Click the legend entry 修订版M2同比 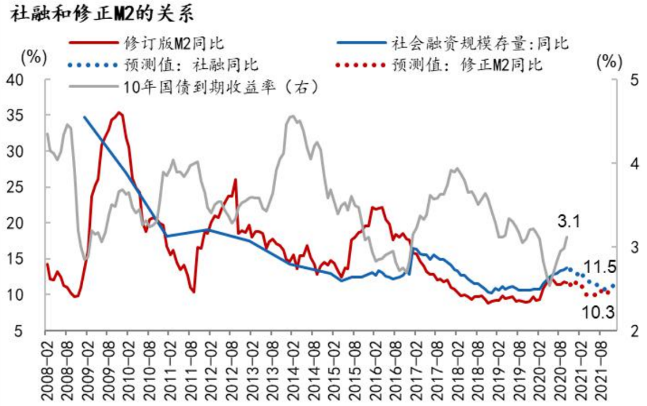(x=174, y=43)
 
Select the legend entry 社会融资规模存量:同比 (x=480, y=43)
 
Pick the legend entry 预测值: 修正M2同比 (x=467, y=65)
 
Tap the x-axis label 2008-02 (x=47, y=368)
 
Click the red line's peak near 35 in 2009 (x=120, y=113)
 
